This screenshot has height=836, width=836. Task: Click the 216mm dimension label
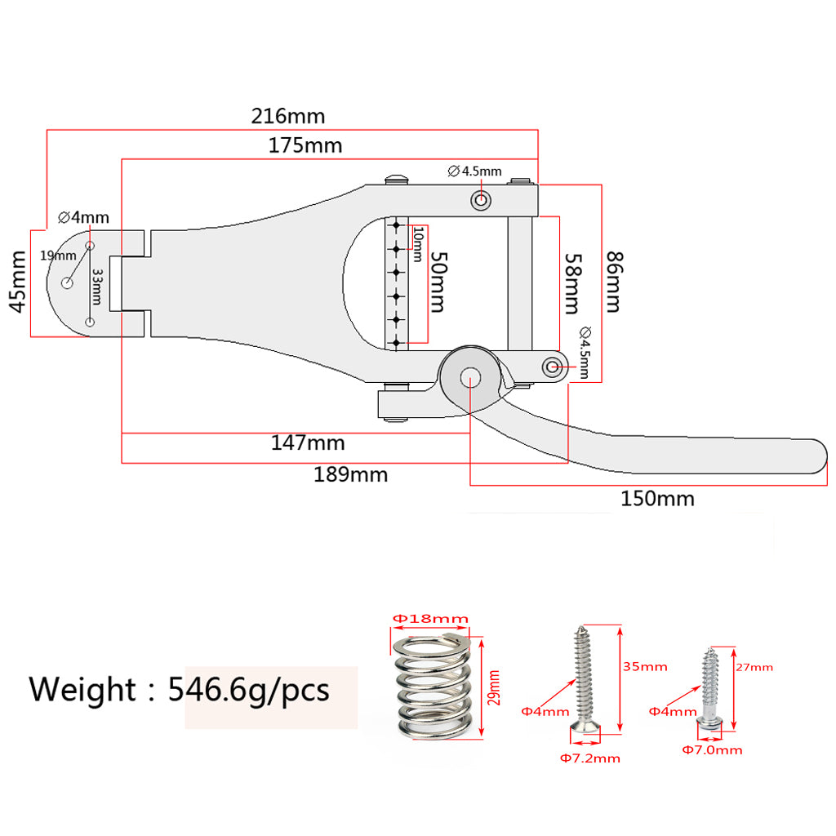coord(288,116)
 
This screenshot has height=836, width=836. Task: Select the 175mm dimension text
coord(305,145)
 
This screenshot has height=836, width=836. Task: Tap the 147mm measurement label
coord(308,443)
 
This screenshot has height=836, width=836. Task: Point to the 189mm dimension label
coord(350,474)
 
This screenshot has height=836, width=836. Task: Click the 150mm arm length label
coord(657,499)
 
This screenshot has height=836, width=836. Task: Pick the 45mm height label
coord(18,282)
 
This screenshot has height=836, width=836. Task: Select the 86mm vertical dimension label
coord(614,282)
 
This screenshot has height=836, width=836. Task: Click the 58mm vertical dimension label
coord(572,283)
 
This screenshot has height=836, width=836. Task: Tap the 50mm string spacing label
coord(438,282)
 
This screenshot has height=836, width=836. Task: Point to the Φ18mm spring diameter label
coord(430,619)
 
